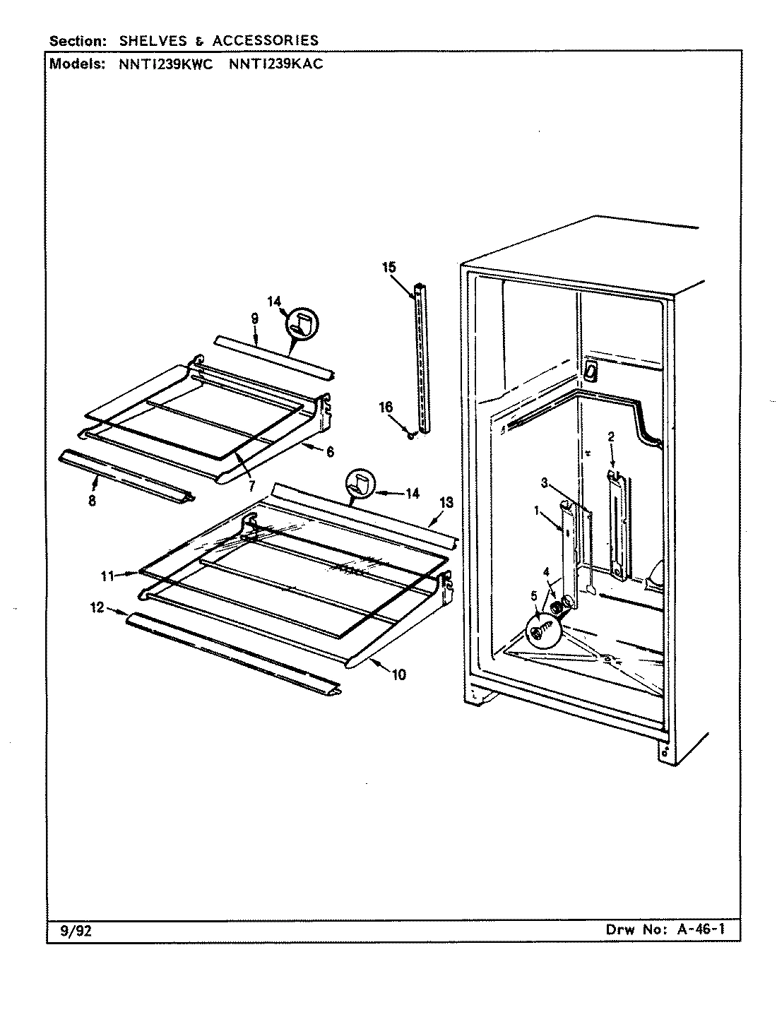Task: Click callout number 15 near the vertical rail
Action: click(x=390, y=267)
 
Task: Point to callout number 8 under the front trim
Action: click(x=93, y=501)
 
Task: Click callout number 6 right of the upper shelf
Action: click(x=330, y=452)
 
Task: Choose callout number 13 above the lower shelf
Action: click(x=446, y=502)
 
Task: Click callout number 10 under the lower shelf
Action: click(x=398, y=674)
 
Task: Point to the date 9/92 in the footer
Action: click(x=73, y=930)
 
